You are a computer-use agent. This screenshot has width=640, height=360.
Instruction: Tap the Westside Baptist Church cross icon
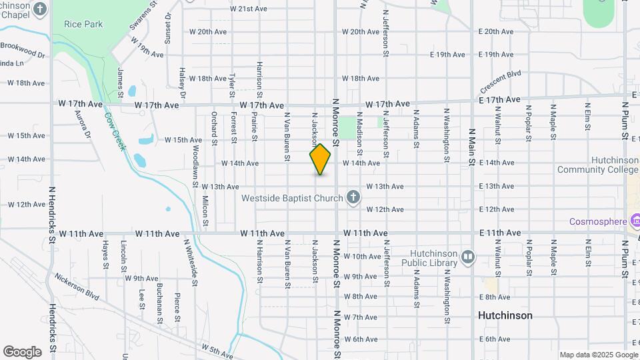353,197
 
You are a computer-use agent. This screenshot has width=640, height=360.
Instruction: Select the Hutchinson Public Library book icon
468,257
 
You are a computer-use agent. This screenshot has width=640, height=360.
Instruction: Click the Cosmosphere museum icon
634,221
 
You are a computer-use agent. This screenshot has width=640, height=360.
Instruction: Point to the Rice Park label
83,24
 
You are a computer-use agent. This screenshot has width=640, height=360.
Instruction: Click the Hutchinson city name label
505,315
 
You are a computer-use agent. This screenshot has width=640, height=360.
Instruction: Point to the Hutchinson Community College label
615,165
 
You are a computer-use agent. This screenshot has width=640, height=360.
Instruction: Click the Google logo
22,352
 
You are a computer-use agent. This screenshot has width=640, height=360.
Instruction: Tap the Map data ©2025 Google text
598,355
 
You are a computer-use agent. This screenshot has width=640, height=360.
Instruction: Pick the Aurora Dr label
82,125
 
